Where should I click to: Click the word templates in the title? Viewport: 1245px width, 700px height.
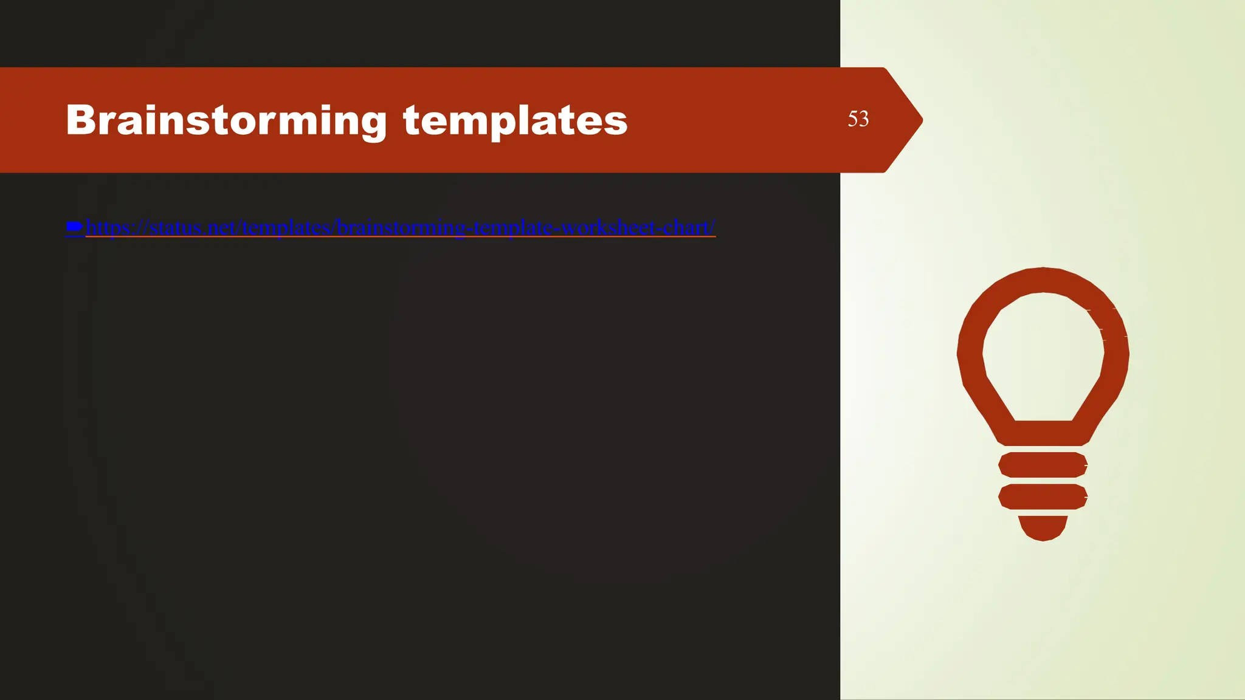point(515,120)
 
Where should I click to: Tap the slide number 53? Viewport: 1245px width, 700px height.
point(858,118)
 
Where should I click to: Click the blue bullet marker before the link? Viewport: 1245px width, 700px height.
point(74,227)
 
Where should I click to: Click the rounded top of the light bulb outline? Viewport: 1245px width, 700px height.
point(1043,280)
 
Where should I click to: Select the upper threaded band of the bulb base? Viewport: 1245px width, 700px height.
point(1043,465)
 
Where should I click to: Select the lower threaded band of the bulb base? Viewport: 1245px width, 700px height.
point(1043,497)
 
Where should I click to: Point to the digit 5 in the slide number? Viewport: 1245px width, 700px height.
point(853,118)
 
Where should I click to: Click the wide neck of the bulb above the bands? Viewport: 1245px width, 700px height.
point(1043,433)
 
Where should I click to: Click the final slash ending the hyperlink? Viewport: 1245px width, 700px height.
point(712,227)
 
